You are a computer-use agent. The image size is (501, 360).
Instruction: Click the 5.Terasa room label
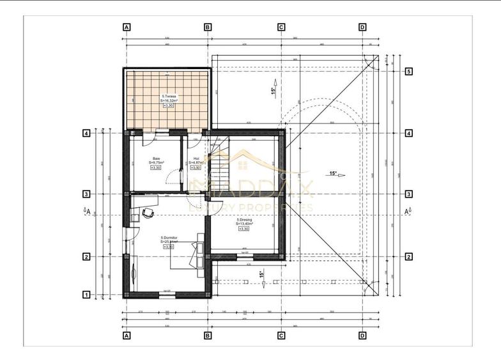tap(169, 96)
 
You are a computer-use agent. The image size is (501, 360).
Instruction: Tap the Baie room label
tap(157, 159)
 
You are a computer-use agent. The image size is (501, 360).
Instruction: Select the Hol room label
tap(196, 159)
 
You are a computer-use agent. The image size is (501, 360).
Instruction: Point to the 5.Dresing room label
tap(243, 220)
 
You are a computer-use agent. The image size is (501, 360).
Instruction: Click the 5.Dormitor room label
tap(169, 238)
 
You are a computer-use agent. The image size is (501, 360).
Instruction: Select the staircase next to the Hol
tap(220, 168)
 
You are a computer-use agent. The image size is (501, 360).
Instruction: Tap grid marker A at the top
tap(127, 27)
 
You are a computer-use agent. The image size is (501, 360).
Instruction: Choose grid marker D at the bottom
tap(362, 335)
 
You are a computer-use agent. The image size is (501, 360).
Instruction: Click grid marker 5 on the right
tap(408, 72)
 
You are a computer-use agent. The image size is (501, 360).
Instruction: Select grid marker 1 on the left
tap(85, 295)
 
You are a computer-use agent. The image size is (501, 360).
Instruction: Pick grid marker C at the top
tap(281, 27)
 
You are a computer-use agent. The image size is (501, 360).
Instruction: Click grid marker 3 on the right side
tap(408, 194)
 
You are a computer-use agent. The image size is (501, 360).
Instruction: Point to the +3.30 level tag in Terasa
tap(168, 106)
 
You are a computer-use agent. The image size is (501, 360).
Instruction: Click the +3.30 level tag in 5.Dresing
tap(243, 230)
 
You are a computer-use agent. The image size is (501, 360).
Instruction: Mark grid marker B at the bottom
tap(208, 335)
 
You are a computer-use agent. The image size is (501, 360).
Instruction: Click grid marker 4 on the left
tap(85, 134)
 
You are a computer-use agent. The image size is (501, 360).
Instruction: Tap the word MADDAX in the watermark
tap(250, 189)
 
